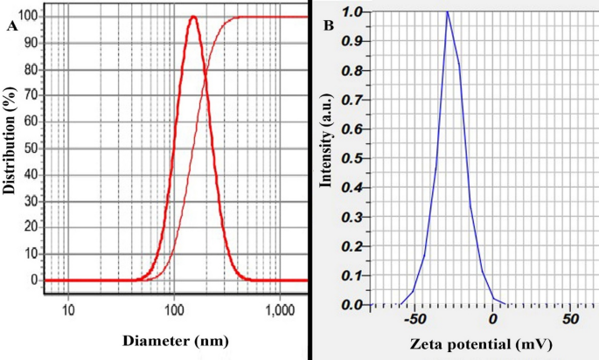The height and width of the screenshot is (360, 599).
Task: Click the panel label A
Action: tap(12, 26)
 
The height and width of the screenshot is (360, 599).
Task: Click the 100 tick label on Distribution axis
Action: tap(31, 17)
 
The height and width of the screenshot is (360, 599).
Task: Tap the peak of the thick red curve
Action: tap(192, 17)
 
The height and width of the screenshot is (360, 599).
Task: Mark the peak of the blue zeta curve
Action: tap(448, 11)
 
